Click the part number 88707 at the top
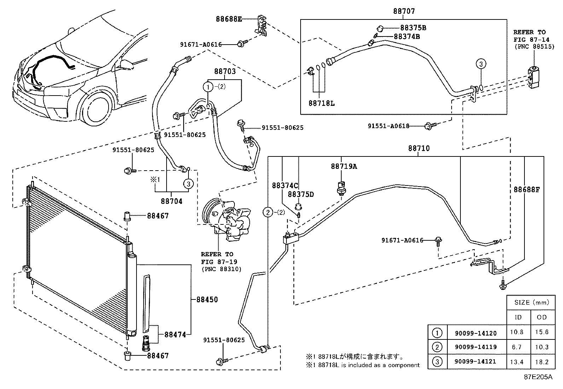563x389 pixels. click(404, 11)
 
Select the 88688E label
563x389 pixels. click(229, 19)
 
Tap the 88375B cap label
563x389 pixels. click(413, 28)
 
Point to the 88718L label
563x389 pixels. click(321, 103)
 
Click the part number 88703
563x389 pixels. click(225, 71)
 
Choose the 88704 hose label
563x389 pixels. click(172, 201)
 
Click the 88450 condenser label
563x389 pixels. click(207, 299)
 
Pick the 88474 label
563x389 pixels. click(175, 334)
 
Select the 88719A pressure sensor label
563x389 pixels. click(344, 166)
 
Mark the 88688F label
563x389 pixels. click(527, 189)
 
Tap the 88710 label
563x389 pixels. click(419, 148)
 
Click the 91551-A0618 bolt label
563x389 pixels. click(389, 126)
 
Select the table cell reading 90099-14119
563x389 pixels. click(476, 347)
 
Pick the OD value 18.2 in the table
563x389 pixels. click(542, 362)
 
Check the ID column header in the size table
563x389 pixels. click(518, 317)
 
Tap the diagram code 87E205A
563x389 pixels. click(538, 377)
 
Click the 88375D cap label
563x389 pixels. click(301, 194)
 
